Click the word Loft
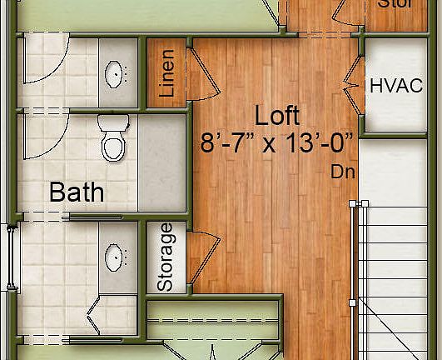coord(277,115)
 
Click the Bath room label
coord(77,192)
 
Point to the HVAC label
coord(396,85)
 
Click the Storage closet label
coord(166,257)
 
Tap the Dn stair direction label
coord(343,172)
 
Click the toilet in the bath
coord(111,142)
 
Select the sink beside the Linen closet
coord(115,73)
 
